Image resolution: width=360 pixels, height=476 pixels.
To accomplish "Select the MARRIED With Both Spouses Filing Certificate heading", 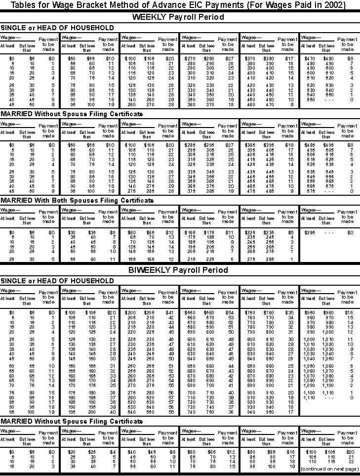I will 77,200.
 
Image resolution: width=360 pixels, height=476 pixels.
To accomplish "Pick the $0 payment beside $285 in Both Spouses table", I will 350,232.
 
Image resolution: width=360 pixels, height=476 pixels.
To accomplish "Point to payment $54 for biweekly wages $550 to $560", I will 230,312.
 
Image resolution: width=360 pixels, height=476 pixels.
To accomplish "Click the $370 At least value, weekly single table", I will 251,58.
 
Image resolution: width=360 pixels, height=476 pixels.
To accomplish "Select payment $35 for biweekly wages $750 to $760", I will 290,312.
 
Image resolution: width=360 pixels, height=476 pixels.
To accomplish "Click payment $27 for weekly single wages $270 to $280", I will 230,58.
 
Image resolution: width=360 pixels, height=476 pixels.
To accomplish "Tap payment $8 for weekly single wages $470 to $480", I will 350,58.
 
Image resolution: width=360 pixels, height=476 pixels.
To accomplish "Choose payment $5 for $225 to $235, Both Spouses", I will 291,232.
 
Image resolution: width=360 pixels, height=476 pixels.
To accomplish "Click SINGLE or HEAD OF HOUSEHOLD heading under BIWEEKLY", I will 57,281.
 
